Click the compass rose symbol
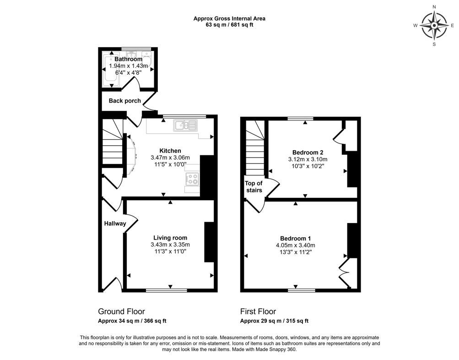tap(434, 26)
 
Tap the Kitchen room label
tap(170, 151)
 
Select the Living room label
tap(170, 238)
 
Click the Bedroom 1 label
tap(295, 239)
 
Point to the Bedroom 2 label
tap(308, 153)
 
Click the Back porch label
tap(124, 101)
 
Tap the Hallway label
tap(115, 224)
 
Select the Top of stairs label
tap(254, 186)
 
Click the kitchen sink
tap(185, 125)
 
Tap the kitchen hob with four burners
tap(192, 179)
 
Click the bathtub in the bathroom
tap(112, 70)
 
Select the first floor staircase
tap(255, 148)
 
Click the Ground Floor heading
tap(121, 311)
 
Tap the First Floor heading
tap(258, 311)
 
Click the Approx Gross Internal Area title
tap(229, 19)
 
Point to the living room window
tap(166, 290)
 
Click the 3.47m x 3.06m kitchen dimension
tap(170, 158)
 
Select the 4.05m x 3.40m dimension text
tap(295, 245)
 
